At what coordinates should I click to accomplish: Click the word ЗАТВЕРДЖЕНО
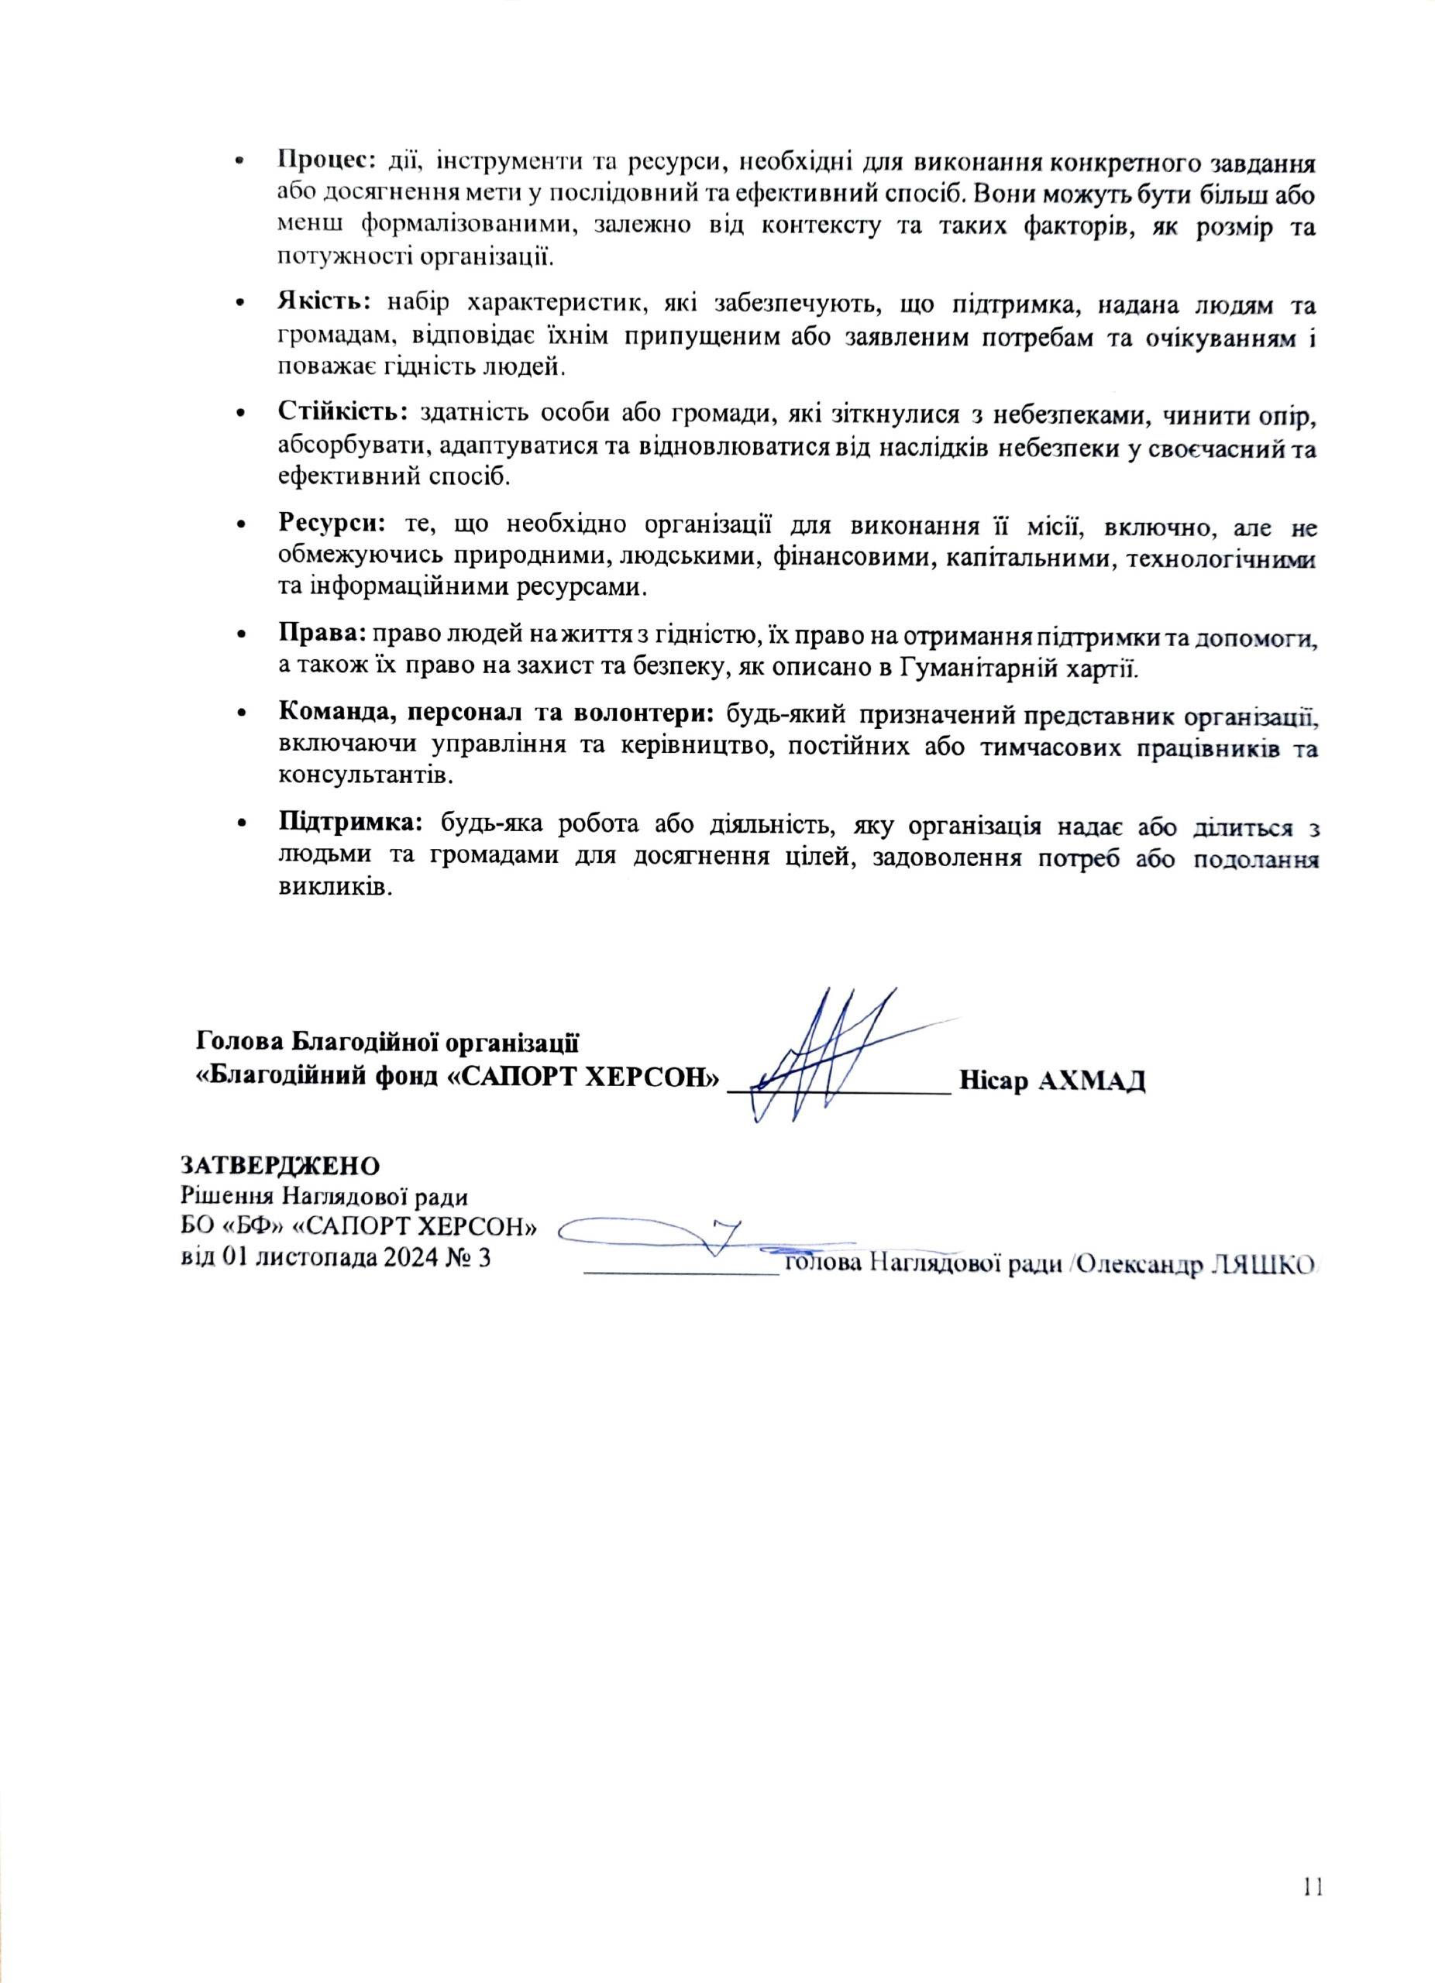[x=280, y=1167]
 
